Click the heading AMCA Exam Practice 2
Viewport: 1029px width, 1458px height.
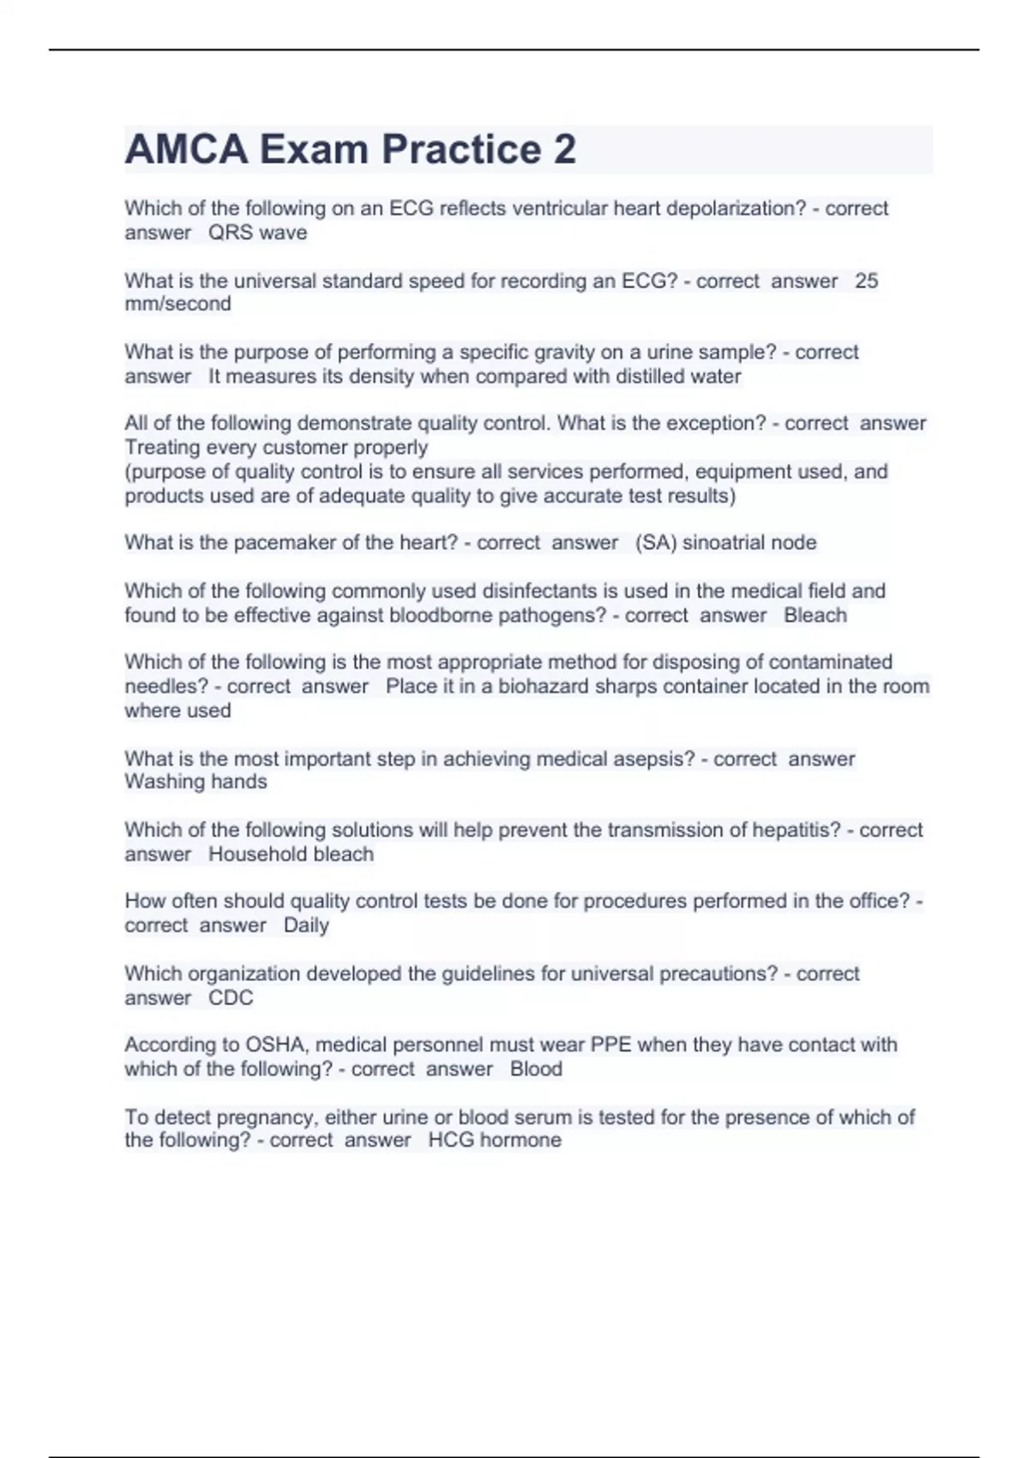pyautogui.click(x=350, y=149)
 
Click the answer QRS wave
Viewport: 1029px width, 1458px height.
pyautogui.click(x=257, y=232)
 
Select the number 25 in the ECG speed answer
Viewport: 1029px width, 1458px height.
pyautogui.click(x=866, y=280)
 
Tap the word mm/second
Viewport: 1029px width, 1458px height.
pyautogui.click(x=178, y=304)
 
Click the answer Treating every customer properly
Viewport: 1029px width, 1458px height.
pyautogui.click(x=276, y=447)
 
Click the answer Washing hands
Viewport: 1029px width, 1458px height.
pyautogui.click(x=196, y=781)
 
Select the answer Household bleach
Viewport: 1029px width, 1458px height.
pyautogui.click(x=291, y=854)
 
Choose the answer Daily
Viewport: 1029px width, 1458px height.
pyautogui.click(x=306, y=925)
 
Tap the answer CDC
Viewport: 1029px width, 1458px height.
pyautogui.click(x=231, y=997)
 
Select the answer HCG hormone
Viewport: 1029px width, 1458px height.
pyautogui.click(x=495, y=1140)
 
